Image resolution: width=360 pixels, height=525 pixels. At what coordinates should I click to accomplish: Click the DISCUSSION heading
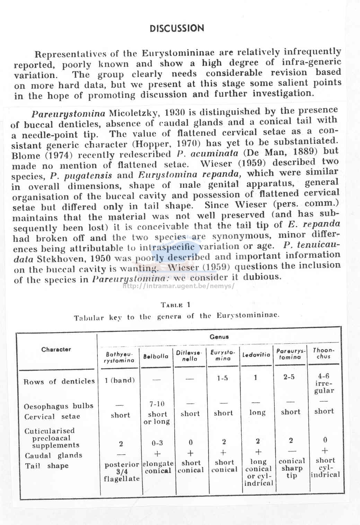pos(177,28)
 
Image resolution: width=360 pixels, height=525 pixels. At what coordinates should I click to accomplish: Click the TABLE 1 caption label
pos(176,305)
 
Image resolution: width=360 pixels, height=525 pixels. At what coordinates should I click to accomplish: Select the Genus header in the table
pos(219,337)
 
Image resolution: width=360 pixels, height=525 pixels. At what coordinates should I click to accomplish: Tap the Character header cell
pos(56,349)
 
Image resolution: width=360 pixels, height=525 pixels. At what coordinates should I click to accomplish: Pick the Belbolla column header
pos(156,356)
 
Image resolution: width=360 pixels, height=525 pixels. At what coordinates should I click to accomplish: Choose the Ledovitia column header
pos(256,355)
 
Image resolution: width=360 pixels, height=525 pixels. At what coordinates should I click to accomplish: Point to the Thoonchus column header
pos(324,353)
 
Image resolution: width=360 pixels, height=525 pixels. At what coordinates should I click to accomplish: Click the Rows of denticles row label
pos(59,381)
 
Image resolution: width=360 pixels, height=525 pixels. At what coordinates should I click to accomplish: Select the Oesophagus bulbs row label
pos(59,406)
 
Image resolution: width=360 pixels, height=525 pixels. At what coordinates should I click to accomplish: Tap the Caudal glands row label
pos(53,455)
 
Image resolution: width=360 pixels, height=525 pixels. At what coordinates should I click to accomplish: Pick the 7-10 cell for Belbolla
pos(157,404)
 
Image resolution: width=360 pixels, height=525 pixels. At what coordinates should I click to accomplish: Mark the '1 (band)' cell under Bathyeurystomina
pos(120,380)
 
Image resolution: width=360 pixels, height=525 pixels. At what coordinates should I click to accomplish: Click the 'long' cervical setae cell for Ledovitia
pos(257,412)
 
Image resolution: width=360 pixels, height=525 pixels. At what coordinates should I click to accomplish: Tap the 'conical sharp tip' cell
pos(292,468)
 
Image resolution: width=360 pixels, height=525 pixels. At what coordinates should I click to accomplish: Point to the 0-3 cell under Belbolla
pos(157,443)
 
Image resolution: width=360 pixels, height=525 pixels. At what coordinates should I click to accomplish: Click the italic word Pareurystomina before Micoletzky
pos(68,114)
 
